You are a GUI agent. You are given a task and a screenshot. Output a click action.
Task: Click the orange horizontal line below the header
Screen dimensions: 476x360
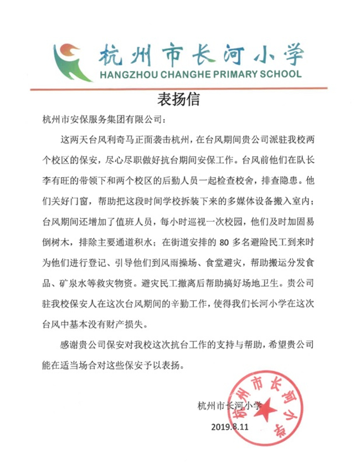pos(180,89)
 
